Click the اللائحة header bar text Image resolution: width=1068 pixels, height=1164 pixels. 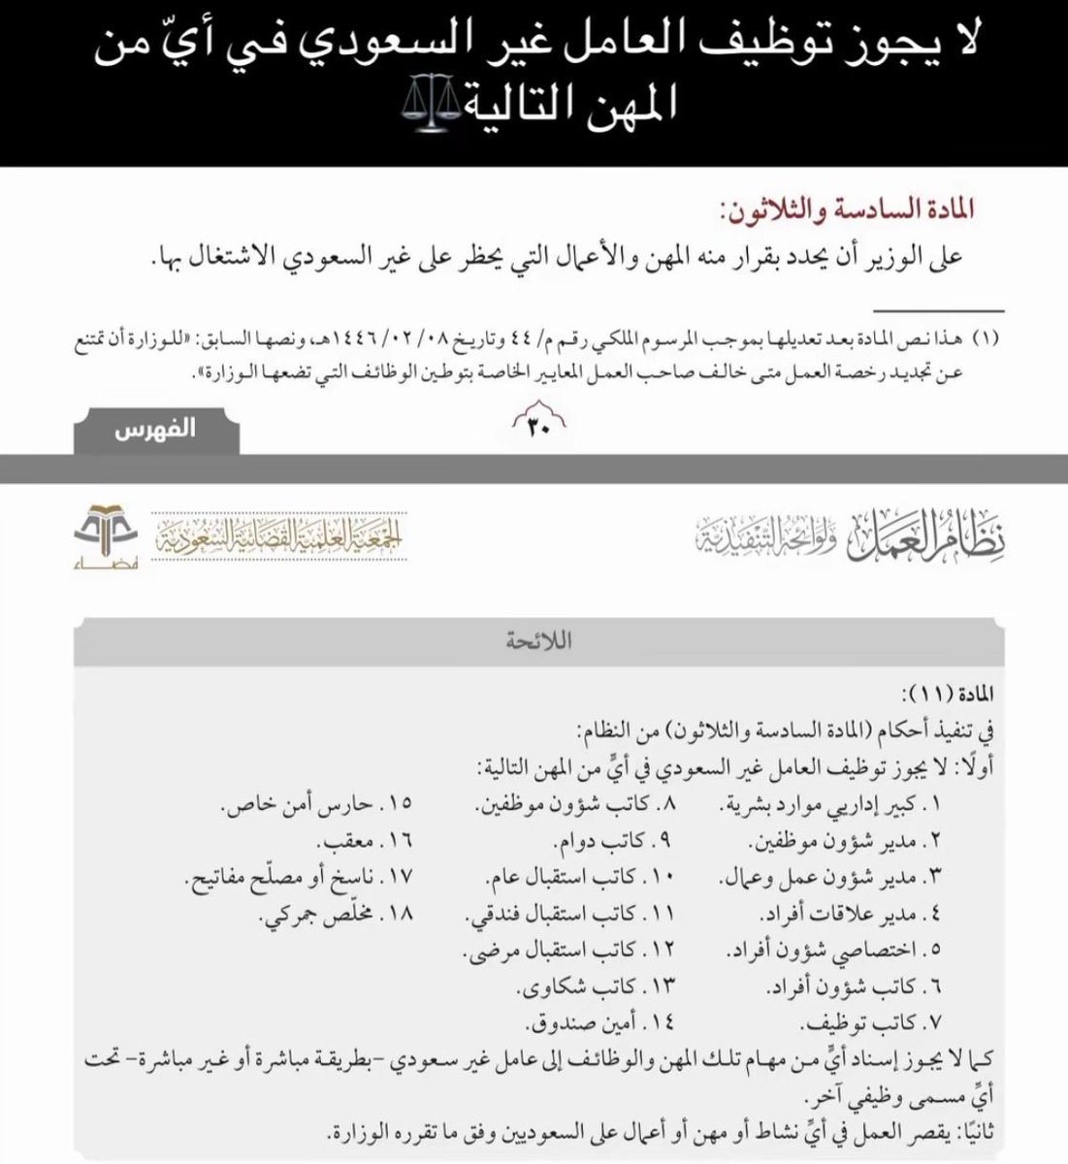click(x=534, y=641)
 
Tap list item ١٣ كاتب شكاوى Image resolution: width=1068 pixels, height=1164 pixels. click(x=594, y=987)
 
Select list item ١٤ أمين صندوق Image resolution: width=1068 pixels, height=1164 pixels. click(x=596, y=1023)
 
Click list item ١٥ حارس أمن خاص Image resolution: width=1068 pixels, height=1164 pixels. click(x=315, y=804)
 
